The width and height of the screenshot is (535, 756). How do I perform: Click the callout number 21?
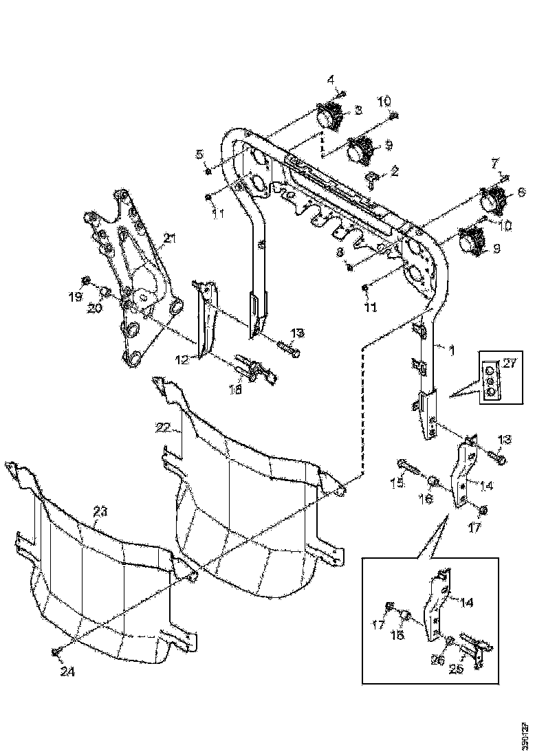pyautogui.click(x=169, y=238)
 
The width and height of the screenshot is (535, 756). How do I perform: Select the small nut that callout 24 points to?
pyautogui.click(x=56, y=650)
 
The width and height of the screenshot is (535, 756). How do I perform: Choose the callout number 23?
pyautogui.click(x=100, y=511)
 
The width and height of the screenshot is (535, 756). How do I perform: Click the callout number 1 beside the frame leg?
pyautogui.click(x=451, y=351)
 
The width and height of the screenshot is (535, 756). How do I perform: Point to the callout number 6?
pyautogui.click(x=521, y=192)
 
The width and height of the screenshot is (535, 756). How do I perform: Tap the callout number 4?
pyautogui.click(x=331, y=79)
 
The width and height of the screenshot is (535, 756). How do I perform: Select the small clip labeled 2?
pyautogui.click(x=373, y=179)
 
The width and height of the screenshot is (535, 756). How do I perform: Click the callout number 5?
pyautogui.click(x=201, y=153)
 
